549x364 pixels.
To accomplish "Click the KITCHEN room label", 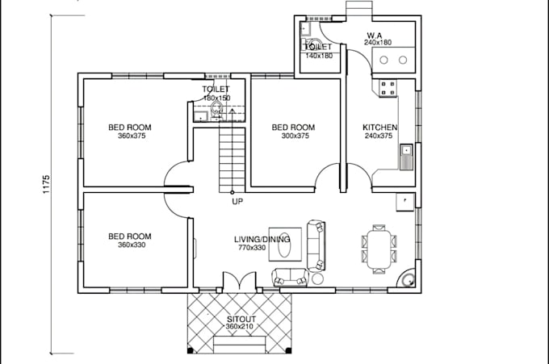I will click(x=379, y=128).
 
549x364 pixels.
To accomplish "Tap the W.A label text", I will click(x=374, y=35).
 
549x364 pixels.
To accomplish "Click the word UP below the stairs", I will click(x=237, y=202).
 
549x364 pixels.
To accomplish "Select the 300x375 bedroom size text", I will click(x=293, y=136).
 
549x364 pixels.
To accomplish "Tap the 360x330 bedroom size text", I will click(x=131, y=245).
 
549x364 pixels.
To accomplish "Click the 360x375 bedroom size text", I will click(x=131, y=136).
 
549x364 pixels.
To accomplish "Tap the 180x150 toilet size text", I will click(x=216, y=98).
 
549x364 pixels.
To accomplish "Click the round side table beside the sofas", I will click(x=317, y=279).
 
